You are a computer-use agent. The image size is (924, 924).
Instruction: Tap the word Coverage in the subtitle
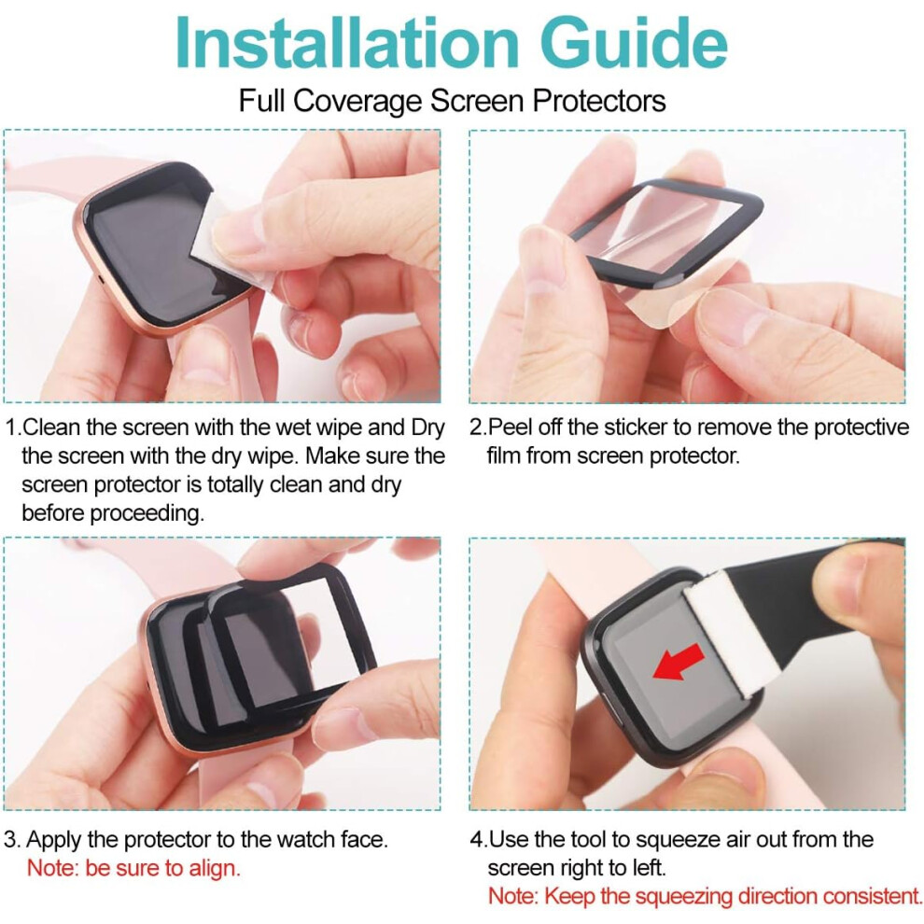[357, 101]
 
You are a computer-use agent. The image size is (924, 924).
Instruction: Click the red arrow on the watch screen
[679, 662]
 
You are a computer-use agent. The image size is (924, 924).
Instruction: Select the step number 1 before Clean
[11, 427]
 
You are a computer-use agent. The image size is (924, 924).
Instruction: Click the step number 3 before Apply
[10, 839]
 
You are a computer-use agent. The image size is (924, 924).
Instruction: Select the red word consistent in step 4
[871, 896]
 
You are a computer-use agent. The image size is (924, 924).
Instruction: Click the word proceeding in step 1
[147, 513]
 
